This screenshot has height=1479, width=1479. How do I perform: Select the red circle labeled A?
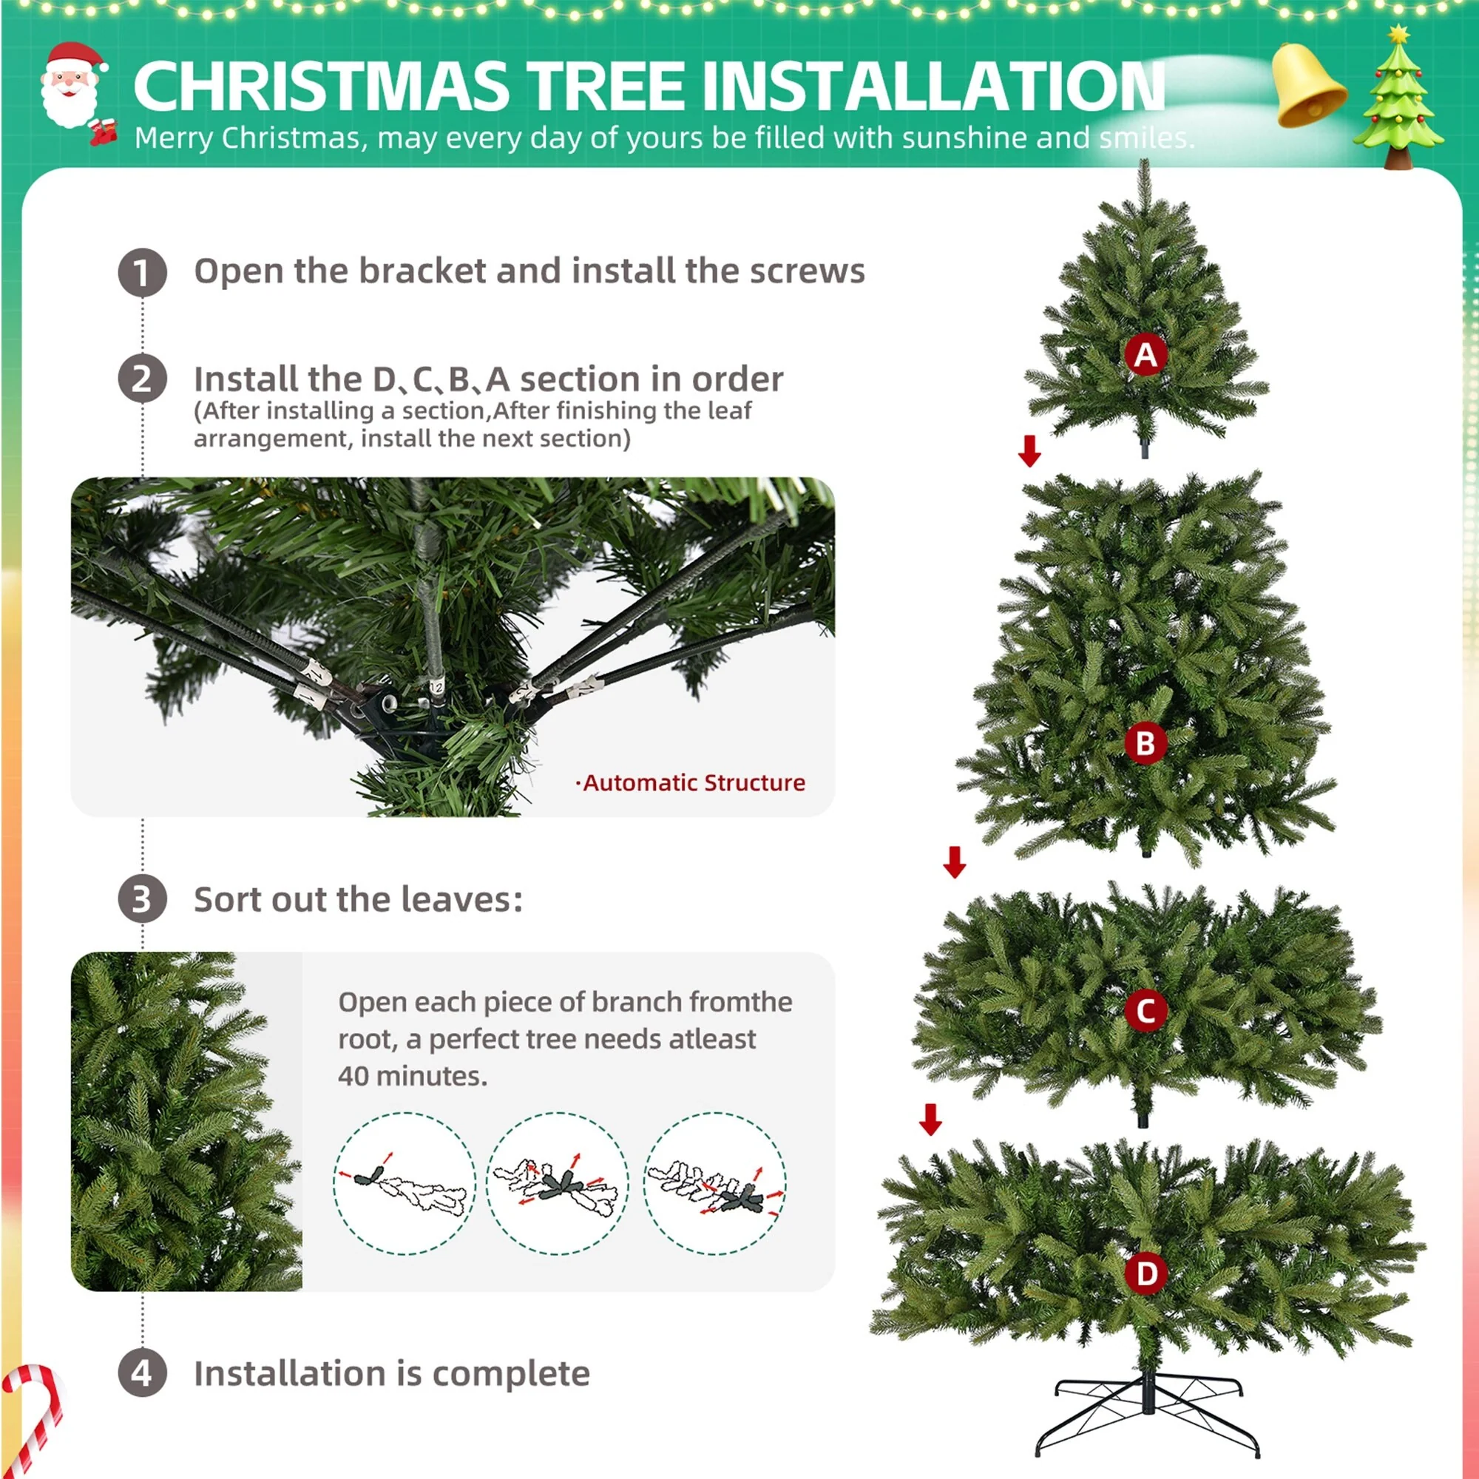click(1145, 354)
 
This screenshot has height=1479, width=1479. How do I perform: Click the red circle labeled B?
click(1145, 742)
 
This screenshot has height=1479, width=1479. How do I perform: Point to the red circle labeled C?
click(1145, 1010)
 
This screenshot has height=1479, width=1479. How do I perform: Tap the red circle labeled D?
click(1146, 1274)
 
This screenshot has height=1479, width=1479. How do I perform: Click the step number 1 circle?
click(143, 273)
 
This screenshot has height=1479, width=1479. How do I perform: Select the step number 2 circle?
click(143, 379)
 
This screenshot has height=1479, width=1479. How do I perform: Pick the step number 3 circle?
click(143, 898)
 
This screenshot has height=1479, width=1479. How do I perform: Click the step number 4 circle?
click(143, 1373)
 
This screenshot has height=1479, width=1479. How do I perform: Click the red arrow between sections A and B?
click(1029, 451)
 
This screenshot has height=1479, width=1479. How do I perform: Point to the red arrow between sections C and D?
click(931, 1119)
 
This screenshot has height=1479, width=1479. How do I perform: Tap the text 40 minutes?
click(412, 1075)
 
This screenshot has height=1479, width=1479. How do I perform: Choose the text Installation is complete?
click(391, 1373)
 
